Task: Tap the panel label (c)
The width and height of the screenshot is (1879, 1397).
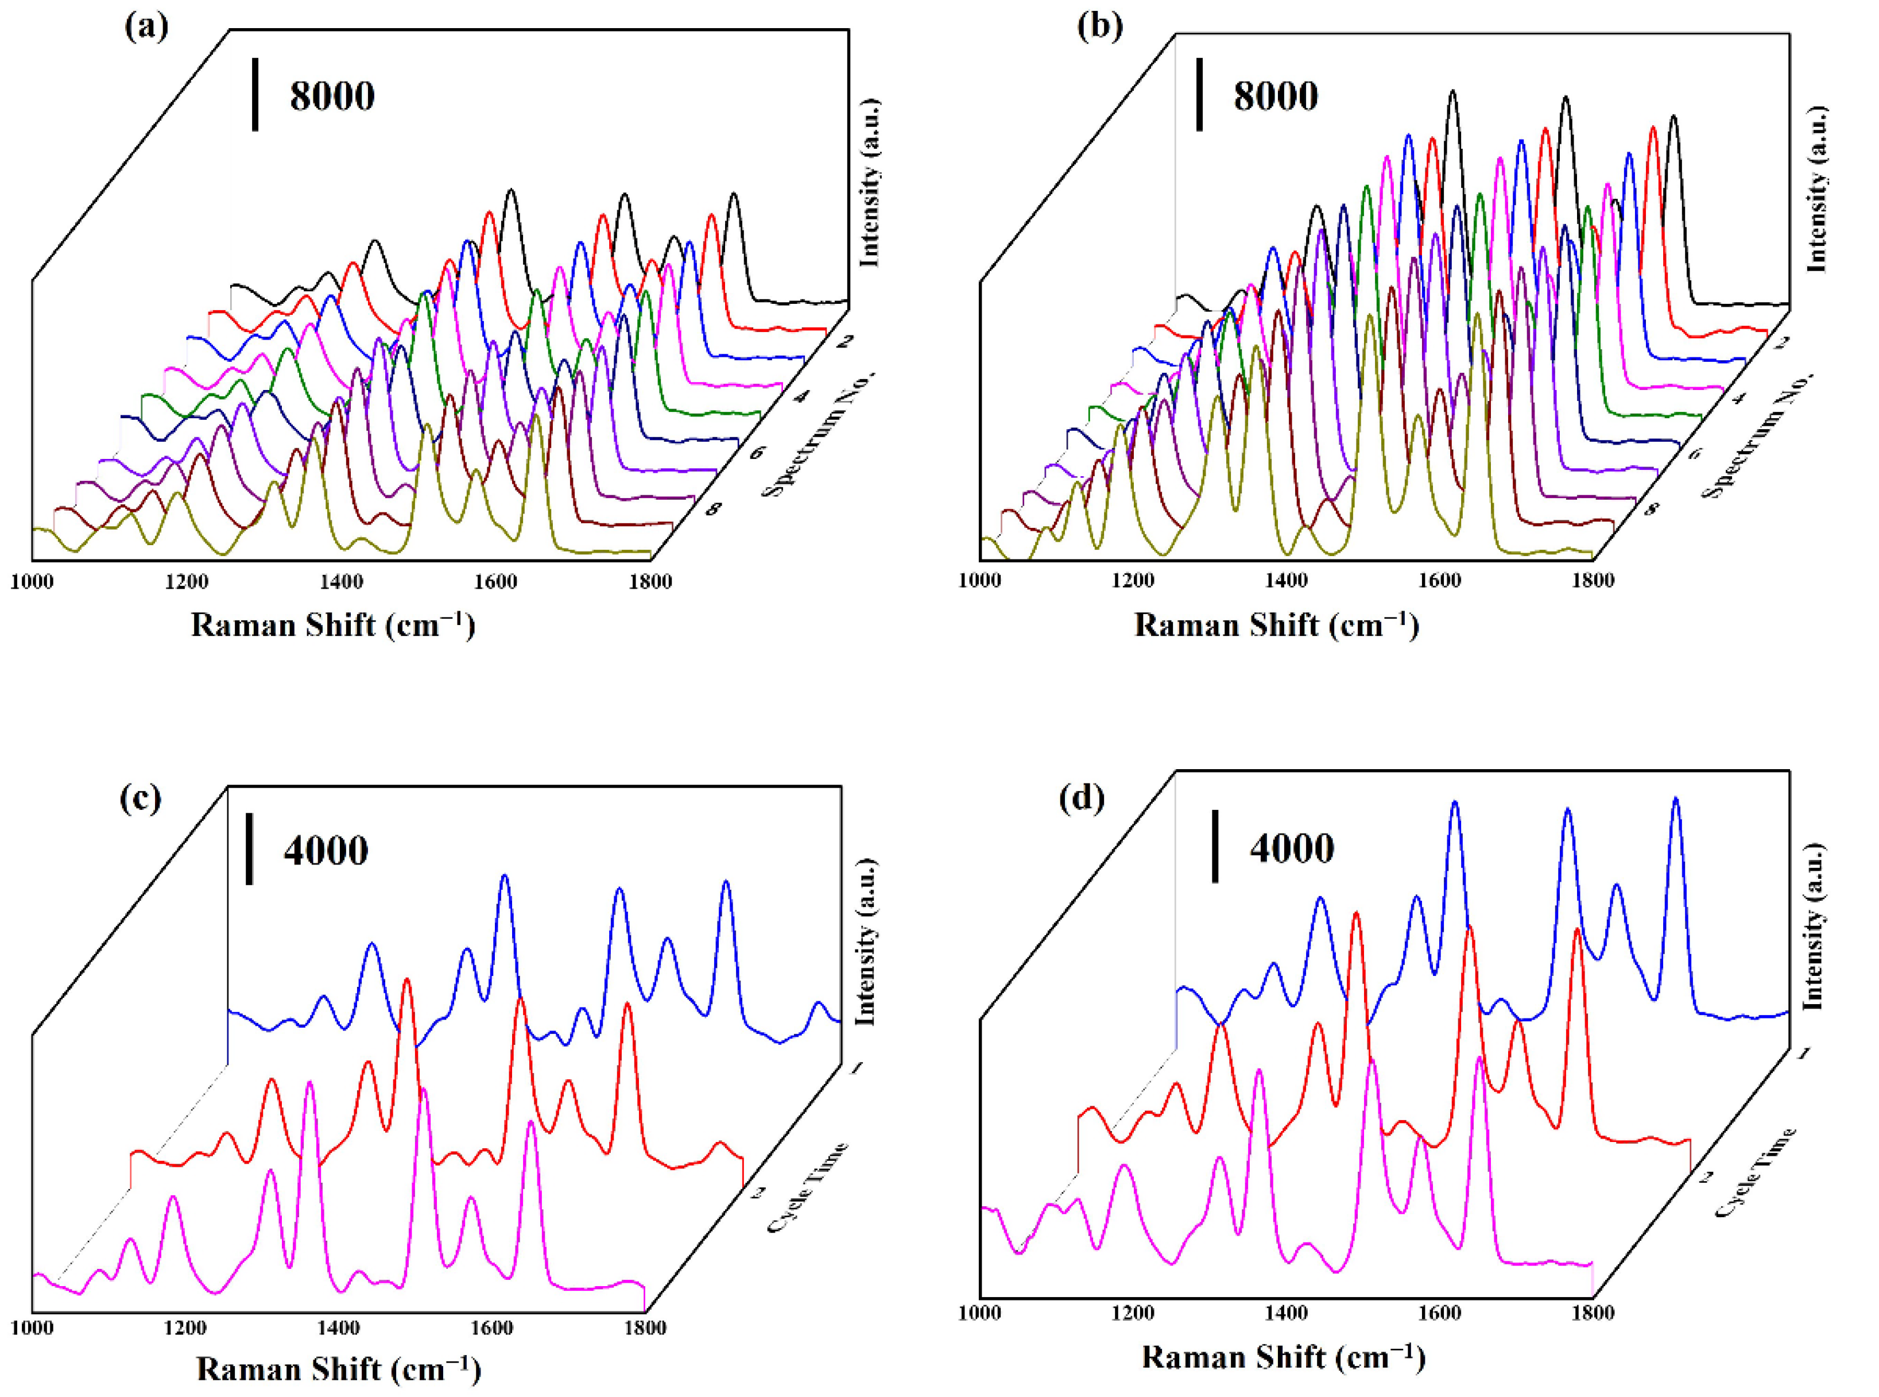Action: (x=140, y=797)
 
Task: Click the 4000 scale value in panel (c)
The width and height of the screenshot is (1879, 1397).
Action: (x=326, y=851)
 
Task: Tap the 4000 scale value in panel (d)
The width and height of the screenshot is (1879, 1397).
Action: (x=1292, y=848)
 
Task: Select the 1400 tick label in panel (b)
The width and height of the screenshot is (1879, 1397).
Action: (x=1287, y=582)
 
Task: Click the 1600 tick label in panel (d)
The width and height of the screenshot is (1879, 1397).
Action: (x=1439, y=1313)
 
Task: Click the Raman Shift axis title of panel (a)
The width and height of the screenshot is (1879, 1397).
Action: (x=333, y=626)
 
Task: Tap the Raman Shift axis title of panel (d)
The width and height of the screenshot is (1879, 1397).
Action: (x=1283, y=1358)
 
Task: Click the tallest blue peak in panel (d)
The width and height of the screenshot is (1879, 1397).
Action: (x=1675, y=800)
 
